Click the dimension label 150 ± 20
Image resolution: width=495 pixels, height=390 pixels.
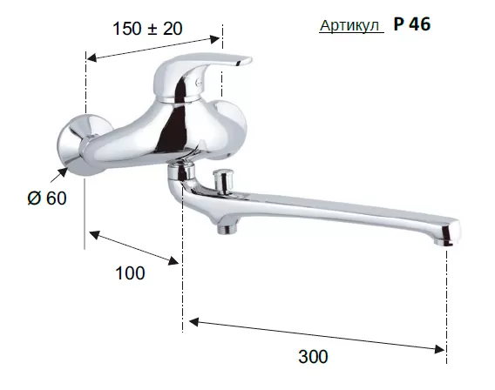(x=147, y=29)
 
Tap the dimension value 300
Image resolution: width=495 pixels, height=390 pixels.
(x=313, y=357)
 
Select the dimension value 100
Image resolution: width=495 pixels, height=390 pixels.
(x=130, y=273)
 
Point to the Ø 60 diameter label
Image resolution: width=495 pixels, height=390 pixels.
(x=47, y=198)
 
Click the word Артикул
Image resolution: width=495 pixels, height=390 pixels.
(x=349, y=25)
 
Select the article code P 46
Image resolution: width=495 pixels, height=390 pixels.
(x=411, y=24)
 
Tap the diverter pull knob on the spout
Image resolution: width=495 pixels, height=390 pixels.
(x=222, y=181)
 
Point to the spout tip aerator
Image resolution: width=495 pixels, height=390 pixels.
(x=444, y=242)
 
